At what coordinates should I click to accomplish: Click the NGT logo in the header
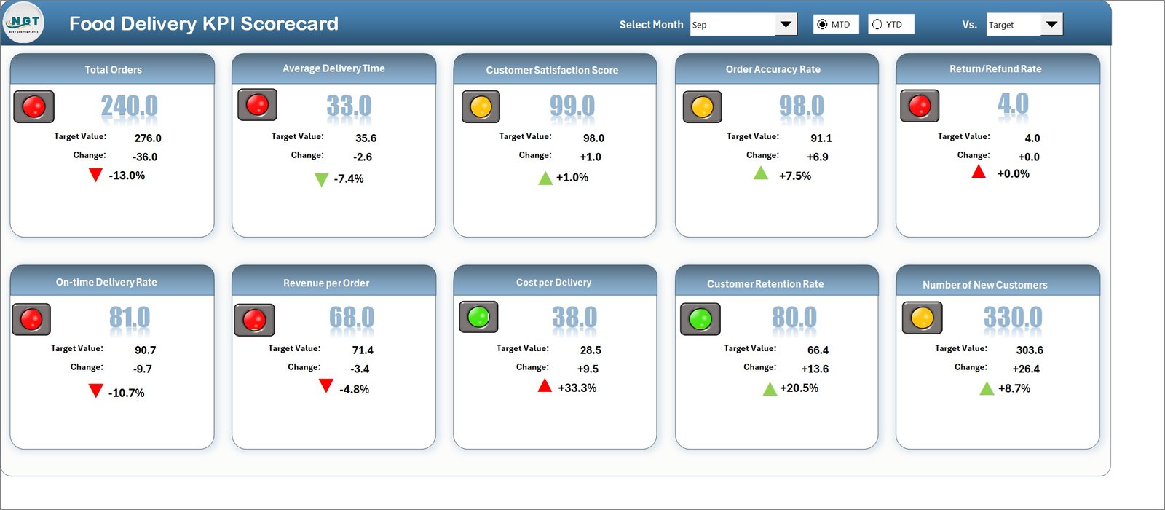[24, 23]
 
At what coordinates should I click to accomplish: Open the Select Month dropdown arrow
[785, 25]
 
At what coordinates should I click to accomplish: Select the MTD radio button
[822, 25]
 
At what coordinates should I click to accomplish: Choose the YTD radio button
[877, 25]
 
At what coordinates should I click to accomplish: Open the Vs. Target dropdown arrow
[1051, 25]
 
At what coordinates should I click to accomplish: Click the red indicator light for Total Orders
[33, 107]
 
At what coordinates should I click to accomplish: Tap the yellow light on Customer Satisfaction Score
[481, 107]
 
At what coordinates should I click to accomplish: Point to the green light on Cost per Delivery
[478, 317]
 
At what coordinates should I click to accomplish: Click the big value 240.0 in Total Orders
[129, 106]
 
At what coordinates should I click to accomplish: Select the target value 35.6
[366, 138]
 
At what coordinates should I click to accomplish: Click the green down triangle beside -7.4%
[321, 179]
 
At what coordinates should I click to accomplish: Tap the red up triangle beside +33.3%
[545, 386]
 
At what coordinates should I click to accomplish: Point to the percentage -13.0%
[127, 176]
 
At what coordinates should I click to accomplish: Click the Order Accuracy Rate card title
[773, 69]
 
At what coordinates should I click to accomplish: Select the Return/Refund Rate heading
[995, 68]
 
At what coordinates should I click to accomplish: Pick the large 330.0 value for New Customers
[1012, 318]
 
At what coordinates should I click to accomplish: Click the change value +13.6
[815, 369]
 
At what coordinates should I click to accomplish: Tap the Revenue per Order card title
[326, 283]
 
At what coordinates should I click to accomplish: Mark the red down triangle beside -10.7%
[95, 391]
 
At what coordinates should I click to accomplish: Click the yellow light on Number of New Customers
[922, 318]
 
